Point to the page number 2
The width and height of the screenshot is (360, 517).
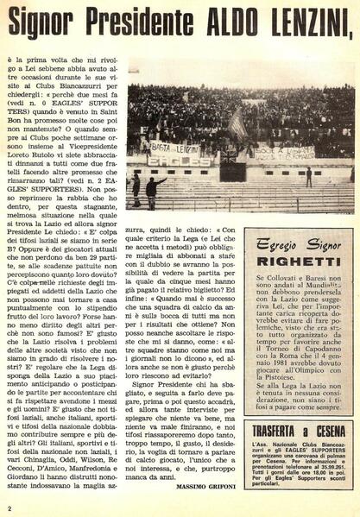[9, 508]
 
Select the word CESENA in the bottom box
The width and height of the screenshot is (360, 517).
[326, 429]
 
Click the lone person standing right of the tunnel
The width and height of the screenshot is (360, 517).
[308, 176]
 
